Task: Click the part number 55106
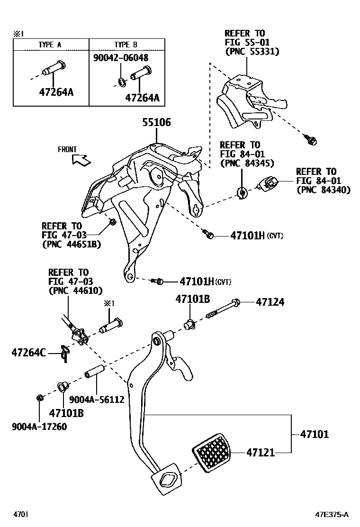(157, 123)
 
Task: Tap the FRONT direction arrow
(81, 160)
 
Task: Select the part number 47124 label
(270, 302)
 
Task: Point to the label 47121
(260, 453)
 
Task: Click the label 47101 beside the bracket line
(314, 434)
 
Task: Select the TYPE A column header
(50, 45)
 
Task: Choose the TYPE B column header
(126, 45)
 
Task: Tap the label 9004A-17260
(39, 427)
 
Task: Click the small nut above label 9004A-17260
(40, 397)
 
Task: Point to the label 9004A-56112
(97, 400)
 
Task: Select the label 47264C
(28, 352)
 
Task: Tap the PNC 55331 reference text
(252, 52)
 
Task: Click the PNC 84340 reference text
(323, 190)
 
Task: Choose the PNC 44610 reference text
(75, 291)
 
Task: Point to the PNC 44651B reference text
(72, 244)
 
